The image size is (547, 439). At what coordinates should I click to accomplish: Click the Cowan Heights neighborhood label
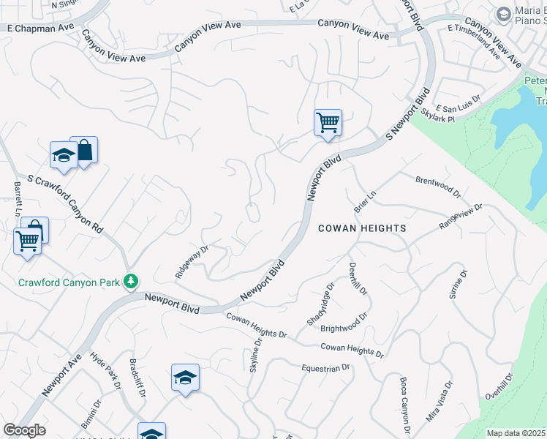[x=362, y=228]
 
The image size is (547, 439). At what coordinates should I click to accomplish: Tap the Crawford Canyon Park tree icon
[x=131, y=281]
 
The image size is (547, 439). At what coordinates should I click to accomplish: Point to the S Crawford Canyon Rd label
[x=65, y=203]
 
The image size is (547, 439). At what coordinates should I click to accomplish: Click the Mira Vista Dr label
[x=439, y=400]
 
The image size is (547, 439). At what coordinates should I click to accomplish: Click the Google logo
[x=25, y=429]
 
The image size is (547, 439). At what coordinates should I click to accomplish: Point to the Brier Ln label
[x=364, y=200]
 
